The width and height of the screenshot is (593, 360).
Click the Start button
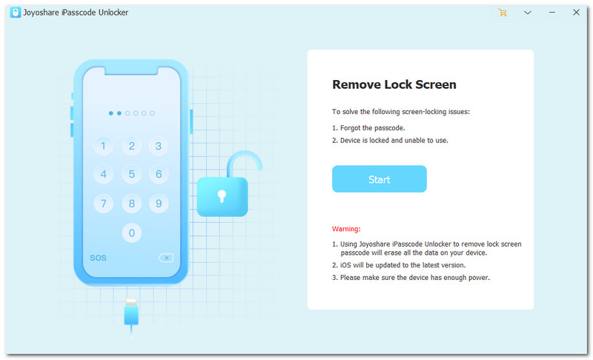point(380,179)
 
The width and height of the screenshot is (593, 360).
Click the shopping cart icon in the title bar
point(503,13)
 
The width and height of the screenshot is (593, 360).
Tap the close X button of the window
point(576,13)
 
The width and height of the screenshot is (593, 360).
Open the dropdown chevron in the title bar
point(528,13)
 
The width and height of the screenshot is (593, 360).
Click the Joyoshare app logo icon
point(15,13)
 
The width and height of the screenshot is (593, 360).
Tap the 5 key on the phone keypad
point(132,174)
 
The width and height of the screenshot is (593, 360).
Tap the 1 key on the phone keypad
point(103,146)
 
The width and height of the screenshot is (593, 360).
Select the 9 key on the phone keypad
point(159,204)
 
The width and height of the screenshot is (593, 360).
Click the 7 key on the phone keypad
point(103,204)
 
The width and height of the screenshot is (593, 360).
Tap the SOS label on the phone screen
point(98,258)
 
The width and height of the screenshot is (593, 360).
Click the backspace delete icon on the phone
point(165,258)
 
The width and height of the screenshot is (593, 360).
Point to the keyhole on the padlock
point(222,196)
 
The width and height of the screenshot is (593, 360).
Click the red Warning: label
point(346,229)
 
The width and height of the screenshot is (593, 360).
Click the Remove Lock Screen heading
point(394,84)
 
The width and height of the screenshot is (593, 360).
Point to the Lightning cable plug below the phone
point(131,313)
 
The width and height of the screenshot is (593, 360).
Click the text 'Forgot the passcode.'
point(373,127)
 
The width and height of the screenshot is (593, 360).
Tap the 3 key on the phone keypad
point(159,146)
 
